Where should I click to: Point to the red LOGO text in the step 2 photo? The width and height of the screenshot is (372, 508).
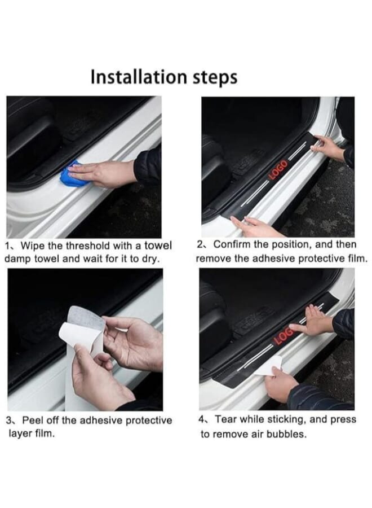click(278, 170)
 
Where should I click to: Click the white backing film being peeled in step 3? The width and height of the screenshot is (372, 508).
click(83, 328)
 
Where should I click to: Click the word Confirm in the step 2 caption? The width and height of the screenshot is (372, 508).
click(232, 245)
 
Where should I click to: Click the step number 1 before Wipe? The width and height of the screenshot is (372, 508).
click(7, 246)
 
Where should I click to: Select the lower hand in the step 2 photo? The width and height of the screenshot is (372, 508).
click(254, 227)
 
